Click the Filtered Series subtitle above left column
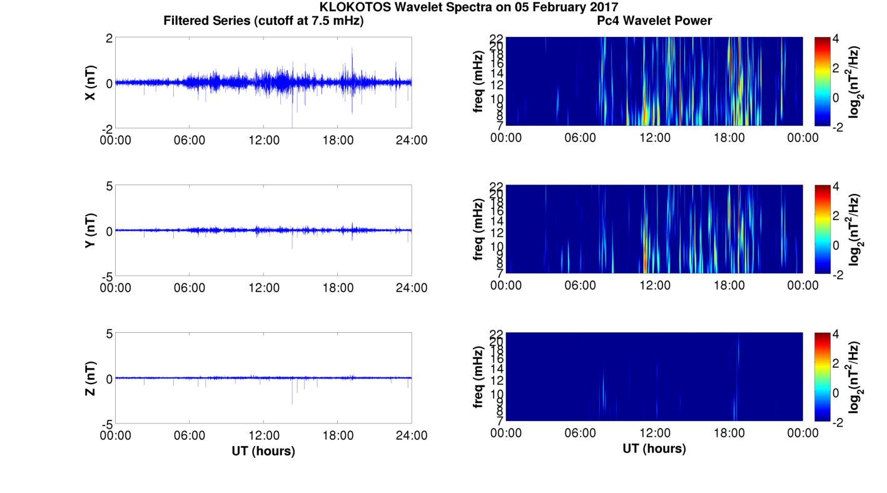[263, 21]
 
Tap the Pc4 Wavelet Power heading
[654, 21]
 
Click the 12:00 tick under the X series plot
[264, 140]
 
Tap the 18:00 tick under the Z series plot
[338, 435]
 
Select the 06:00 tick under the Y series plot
[190, 288]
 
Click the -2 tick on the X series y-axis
[108, 128]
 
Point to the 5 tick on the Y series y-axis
[109, 186]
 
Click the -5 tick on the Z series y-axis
[106, 424]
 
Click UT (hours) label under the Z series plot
[263, 450]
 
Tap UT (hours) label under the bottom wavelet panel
[654, 448]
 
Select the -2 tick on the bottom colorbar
[837, 422]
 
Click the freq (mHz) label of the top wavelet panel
[479, 83]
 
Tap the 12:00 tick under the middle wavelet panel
[655, 285]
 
